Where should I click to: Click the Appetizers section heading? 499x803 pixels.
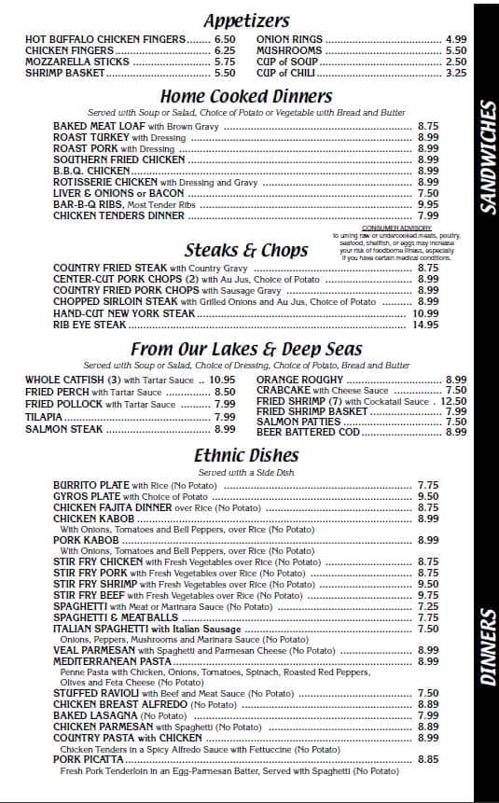pyautogui.click(x=246, y=21)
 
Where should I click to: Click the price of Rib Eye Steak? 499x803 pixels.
pyautogui.click(x=426, y=325)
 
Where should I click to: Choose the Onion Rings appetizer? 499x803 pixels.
pyautogui.click(x=289, y=39)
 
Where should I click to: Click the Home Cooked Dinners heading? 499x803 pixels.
pyautogui.click(x=246, y=96)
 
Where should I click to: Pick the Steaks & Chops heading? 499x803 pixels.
pyautogui.click(x=246, y=250)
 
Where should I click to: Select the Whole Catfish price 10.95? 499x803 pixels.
pyautogui.click(x=222, y=381)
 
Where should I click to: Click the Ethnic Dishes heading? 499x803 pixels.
pyautogui.click(x=246, y=456)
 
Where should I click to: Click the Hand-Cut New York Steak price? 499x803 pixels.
pyautogui.click(x=426, y=313)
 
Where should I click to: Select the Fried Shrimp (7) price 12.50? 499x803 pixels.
pyautogui.click(x=453, y=401)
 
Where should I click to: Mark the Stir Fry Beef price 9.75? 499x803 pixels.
pyautogui.click(x=428, y=595)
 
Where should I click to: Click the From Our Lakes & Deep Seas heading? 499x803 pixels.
pyautogui.click(x=246, y=349)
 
